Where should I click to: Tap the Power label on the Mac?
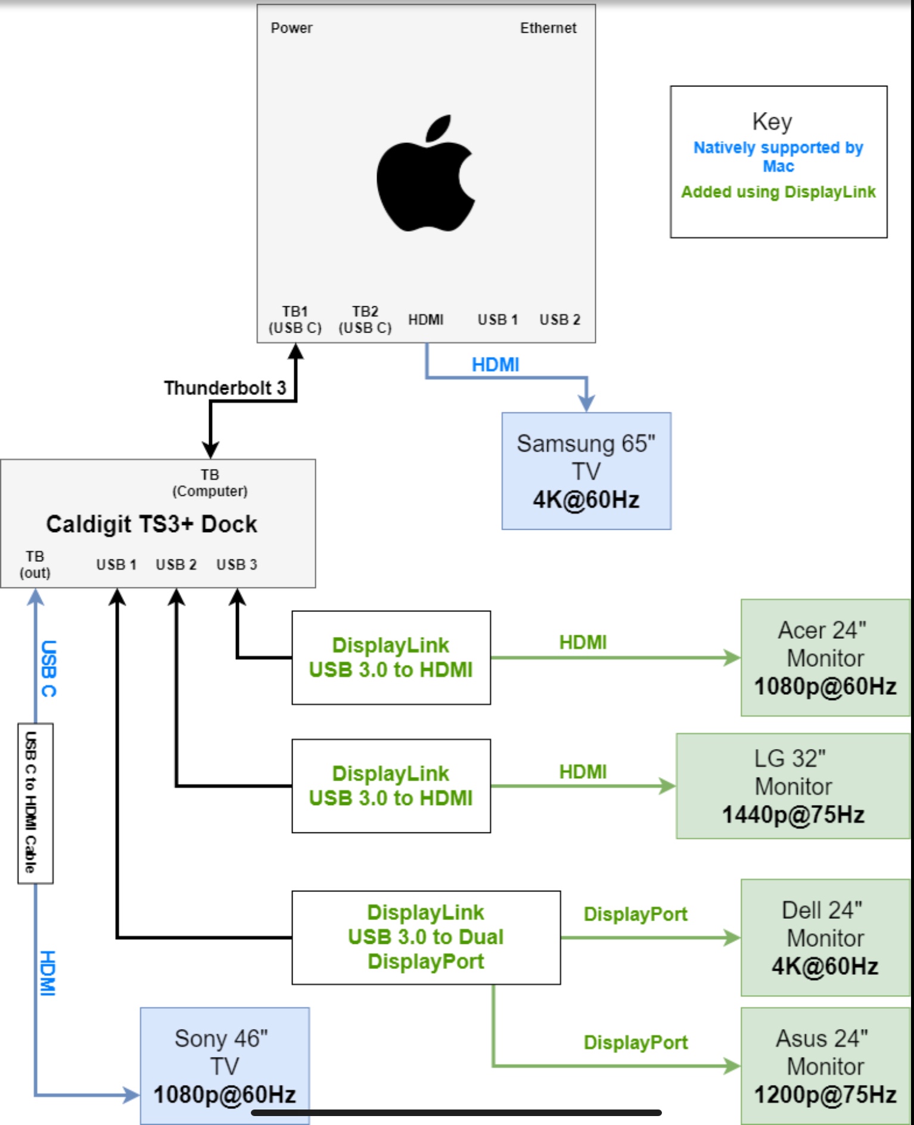(x=291, y=28)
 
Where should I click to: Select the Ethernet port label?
(x=548, y=28)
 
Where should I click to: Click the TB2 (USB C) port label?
(x=365, y=320)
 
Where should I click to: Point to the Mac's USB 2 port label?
(x=559, y=320)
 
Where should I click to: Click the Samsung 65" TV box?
(x=586, y=471)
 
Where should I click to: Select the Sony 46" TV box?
(x=225, y=1065)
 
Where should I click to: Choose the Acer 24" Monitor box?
(x=825, y=658)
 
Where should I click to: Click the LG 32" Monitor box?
(x=792, y=786)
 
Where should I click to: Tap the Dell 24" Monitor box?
(x=825, y=938)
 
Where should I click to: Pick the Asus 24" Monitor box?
(x=825, y=1066)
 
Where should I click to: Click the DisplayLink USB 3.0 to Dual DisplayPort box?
(x=426, y=937)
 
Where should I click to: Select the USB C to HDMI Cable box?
(x=35, y=803)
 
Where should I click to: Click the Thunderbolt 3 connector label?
(x=225, y=388)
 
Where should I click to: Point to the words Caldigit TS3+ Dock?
(x=152, y=524)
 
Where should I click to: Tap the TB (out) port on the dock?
(x=35, y=564)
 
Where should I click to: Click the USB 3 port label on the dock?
(x=237, y=564)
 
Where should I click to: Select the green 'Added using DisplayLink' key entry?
(x=778, y=192)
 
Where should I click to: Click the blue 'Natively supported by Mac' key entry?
(x=778, y=156)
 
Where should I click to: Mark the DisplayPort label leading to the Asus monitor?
(x=636, y=1042)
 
